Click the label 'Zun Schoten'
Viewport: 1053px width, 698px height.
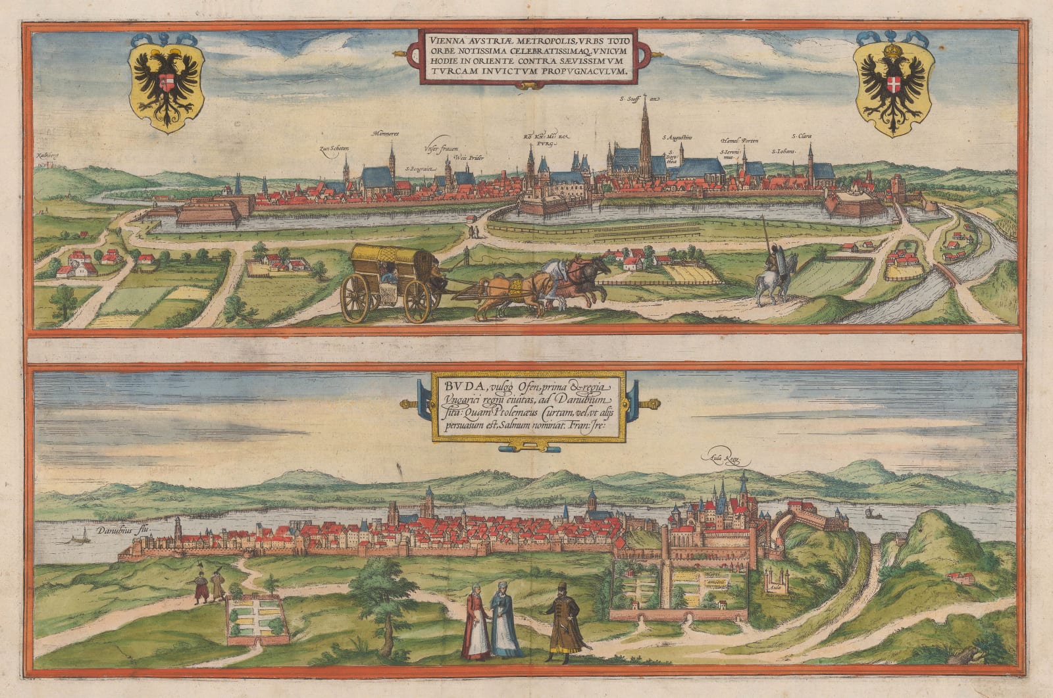(334, 149)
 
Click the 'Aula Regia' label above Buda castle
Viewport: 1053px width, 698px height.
(722, 459)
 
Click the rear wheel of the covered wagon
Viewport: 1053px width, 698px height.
(356, 299)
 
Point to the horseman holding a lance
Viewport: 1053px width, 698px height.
(772, 270)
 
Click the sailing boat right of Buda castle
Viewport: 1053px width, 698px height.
(872, 512)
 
